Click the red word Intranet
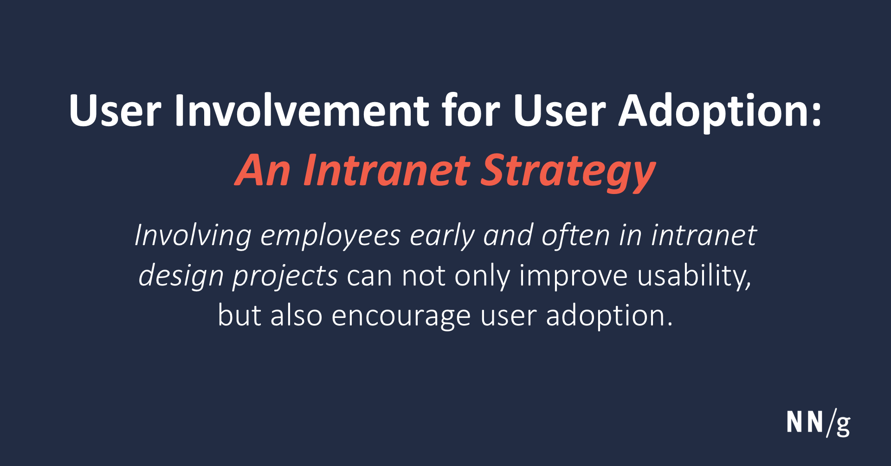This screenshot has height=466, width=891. [x=387, y=171]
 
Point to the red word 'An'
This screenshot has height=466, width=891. [x=263, y=171]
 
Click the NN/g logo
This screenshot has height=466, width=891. [x=818, y=422]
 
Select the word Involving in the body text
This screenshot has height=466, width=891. [x=193, y=235]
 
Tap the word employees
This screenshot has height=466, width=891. [x=330, y=235]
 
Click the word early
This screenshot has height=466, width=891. [x=442, y=235]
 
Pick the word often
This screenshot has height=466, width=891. [x=575, y=235]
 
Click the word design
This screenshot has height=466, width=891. [x=181, y=276]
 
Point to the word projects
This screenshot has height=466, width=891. [x=285, y=276]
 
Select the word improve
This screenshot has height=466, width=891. [x=573, y=276]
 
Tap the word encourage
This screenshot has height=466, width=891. [x=400, y=316]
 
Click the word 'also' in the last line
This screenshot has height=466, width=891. [x=296, y=316]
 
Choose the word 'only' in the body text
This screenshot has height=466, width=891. [x=482, y=276]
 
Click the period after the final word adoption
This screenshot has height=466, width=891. [x=669, y=324]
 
